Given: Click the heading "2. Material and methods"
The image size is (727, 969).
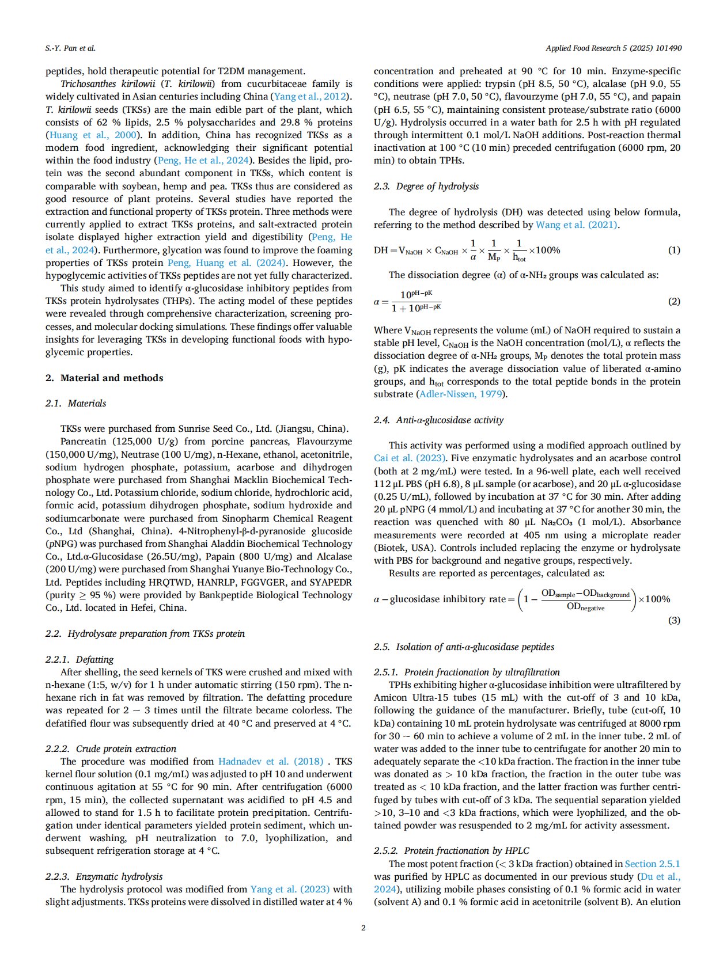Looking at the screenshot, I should [x=104, y=378].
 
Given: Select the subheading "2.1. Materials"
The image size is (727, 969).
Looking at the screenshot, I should [x=75, y=403].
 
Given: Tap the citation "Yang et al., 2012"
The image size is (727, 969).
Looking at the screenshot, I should [x=311, y=97].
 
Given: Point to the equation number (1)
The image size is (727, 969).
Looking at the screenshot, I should [x=673, y=250].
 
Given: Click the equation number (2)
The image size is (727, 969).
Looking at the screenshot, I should [x=673, y=301].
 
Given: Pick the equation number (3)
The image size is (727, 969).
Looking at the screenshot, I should [x=673, y=620].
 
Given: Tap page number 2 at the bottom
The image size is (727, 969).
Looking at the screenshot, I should [x=363, y=927].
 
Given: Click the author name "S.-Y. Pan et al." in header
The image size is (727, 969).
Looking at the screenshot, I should [x=70, y=48].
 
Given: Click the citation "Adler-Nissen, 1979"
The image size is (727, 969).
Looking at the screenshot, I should [x=461, y=394].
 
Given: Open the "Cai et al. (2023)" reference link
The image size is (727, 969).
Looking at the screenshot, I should [x=409, y=458].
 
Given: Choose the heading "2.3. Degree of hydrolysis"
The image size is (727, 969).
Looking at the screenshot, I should [x=426, y=187].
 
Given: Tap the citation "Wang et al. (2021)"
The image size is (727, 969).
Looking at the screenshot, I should [x=576, y=225].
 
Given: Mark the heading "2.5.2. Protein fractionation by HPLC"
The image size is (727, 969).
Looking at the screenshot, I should [x=451, y=850].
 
